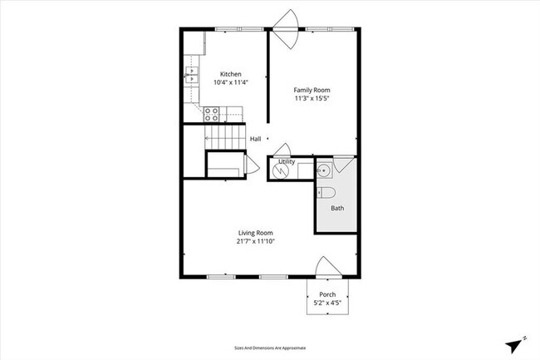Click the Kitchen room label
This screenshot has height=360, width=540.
pyautogui.click(x=230, y=74)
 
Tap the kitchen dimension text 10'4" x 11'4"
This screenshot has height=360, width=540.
pyautogui.click(x=230, y=82)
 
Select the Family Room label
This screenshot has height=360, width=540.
pyautogui.click(x=312, y=90)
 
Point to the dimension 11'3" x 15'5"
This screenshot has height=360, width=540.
pyautogui.click(x=312, y=98)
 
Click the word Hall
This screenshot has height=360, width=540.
pyautogui.click(x=255, y=139)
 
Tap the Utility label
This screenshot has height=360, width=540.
pyautogui.click(x=287, y=161)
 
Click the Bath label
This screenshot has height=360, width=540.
pyautogui.click(x=336, y=208)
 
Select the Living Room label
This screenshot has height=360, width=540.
pyautogui.click(x=256, y=233)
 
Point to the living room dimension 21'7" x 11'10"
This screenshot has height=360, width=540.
pyautogui.click(x=256, y=241)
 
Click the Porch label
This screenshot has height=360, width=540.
pyautogui.click(x=327, y=294)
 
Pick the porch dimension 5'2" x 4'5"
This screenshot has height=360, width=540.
pyautogui.click(x=327, y=302)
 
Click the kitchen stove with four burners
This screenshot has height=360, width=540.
pyautogui.click(x=212, y=115)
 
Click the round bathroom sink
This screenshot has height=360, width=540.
pyautogui.click(x=325, y=171)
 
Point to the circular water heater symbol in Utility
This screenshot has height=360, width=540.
pyautogui.click(x=280, y=170)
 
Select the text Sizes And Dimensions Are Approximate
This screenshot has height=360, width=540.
pyautogui.click(x=270, y=348)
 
